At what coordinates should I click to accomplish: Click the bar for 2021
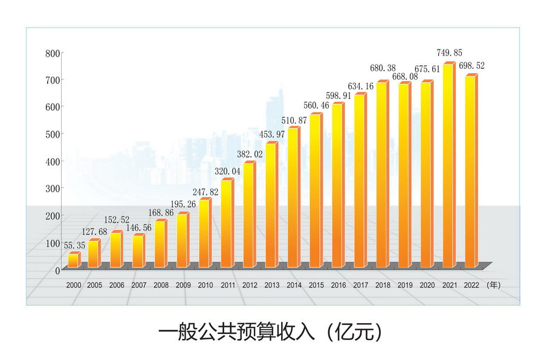[448, 166]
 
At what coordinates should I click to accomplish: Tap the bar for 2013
[271, 205]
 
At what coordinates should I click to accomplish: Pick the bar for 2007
[138, 251]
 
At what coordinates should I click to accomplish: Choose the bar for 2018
[382, 175]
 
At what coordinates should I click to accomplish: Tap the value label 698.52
[472, 66]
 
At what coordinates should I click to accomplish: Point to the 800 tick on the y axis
[53, 53]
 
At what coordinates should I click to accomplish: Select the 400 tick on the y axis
[53, 162]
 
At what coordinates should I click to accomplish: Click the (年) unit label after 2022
[494, 284]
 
